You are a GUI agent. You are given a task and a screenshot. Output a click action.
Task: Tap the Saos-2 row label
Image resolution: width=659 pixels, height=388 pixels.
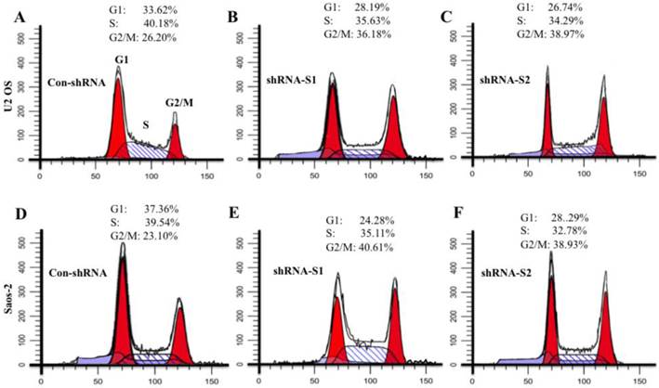[x=10, y=303]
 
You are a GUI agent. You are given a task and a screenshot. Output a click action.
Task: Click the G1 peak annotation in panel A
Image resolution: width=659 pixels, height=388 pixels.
[x=121, y=59]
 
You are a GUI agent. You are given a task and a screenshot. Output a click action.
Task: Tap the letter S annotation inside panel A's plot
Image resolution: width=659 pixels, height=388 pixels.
[x=144, y=122]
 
